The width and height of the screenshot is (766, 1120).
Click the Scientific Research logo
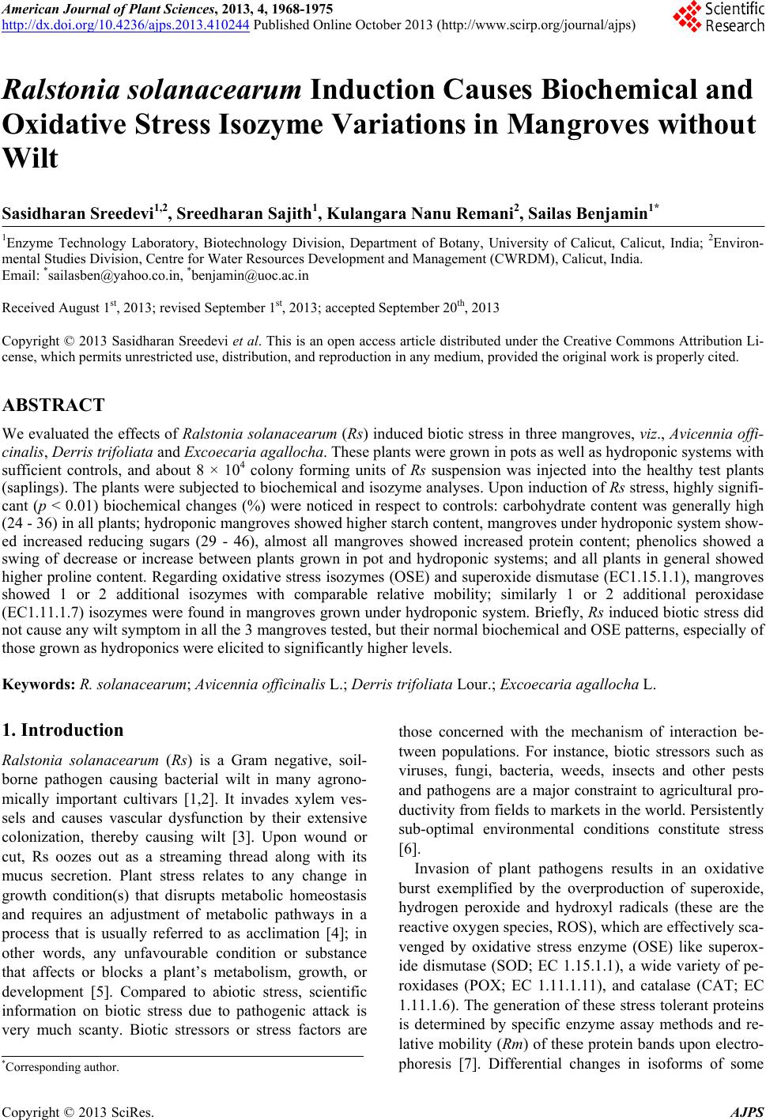[718, 17]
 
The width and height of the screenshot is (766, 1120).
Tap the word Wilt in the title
[31, 160]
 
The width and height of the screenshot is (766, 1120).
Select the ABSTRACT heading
[54, 405]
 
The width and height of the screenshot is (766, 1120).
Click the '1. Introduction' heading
[64, 730]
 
